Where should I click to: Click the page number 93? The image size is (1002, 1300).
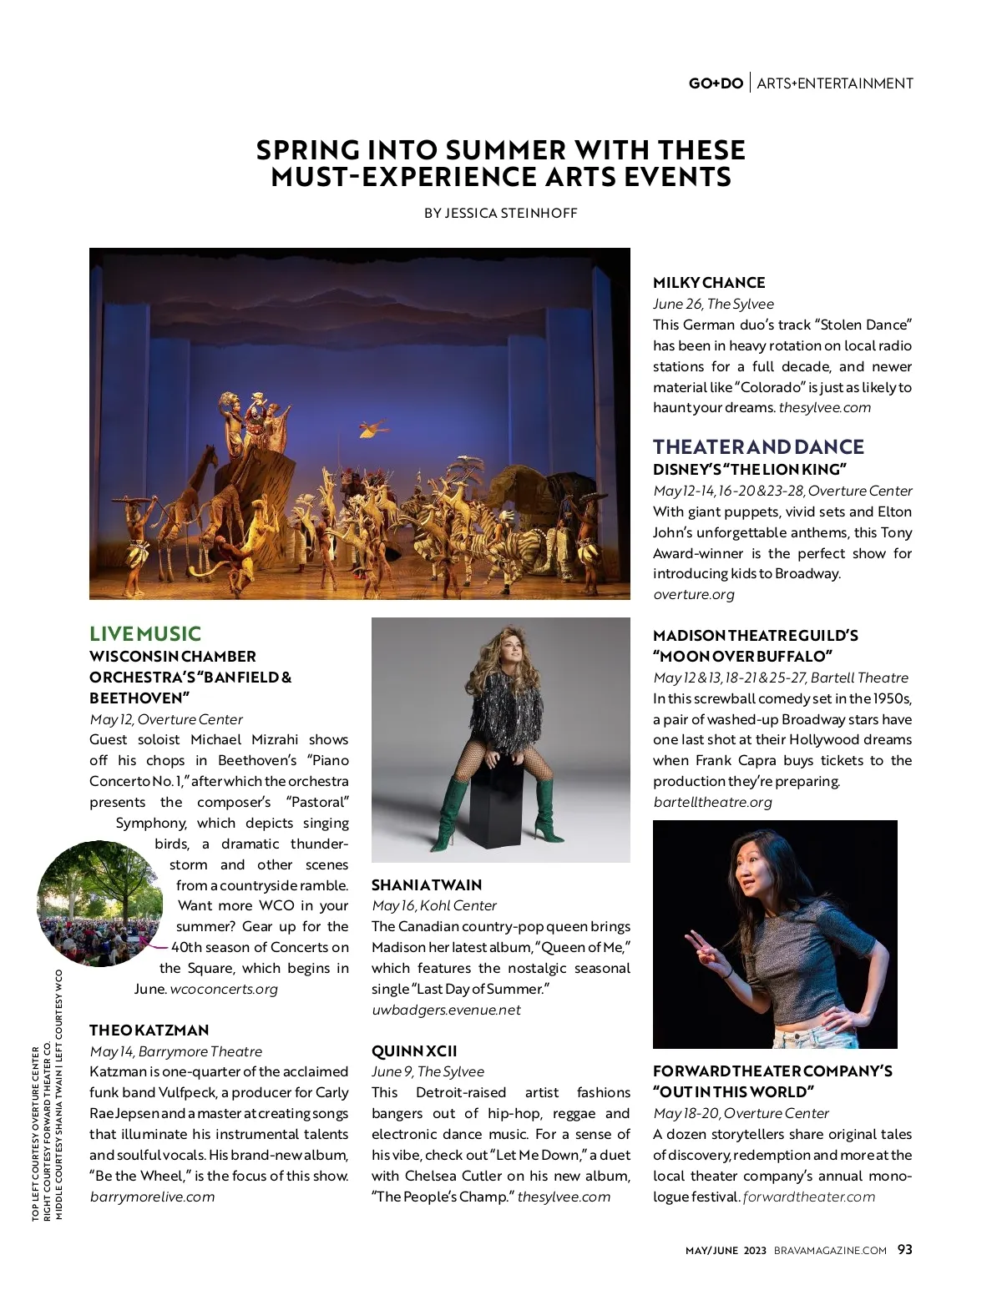click(905, 1249)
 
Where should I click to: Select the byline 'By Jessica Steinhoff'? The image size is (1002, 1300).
click(500, 213)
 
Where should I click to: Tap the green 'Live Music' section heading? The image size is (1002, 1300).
click(145, 634)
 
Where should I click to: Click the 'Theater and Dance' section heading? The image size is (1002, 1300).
click(758, 446)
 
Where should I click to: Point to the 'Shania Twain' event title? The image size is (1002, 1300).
click(427, 884)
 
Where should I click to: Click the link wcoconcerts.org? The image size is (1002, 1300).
click(224, 989)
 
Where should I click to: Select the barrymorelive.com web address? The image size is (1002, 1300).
click(152, 1197)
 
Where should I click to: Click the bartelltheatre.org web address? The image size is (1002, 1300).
click(712, 802)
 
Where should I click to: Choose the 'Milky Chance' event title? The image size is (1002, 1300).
click(709, 283)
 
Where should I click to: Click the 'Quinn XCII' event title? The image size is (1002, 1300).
click(414, 1051)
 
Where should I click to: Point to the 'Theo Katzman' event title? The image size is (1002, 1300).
click(149, 1030)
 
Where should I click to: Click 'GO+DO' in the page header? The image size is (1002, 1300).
click(716, 83)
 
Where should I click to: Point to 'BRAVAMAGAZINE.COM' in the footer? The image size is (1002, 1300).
click(830, 1250)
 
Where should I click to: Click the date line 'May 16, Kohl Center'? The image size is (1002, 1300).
click(434, 905)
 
